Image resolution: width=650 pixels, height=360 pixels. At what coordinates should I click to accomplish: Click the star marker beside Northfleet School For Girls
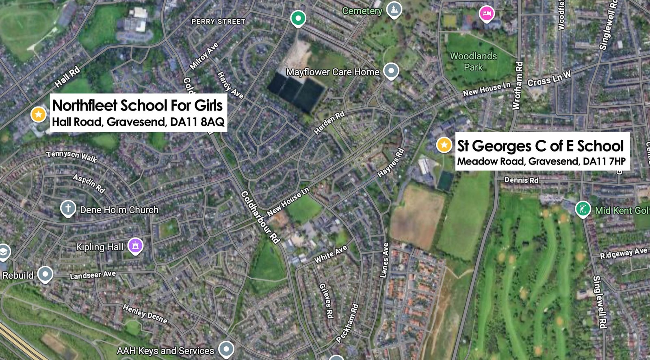coord(39,115)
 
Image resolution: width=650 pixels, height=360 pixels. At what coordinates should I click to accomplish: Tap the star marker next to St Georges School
coord(444,145)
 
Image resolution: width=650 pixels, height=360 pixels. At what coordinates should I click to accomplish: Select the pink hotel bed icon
coord(486,14)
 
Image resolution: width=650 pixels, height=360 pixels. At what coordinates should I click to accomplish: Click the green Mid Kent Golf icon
coord(583,209)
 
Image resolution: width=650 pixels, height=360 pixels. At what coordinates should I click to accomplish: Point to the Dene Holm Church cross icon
coord(68,208)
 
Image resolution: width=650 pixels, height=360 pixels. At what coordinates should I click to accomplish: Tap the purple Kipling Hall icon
coord(135,245)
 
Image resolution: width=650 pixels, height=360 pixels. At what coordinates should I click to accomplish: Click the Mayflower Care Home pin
coord(391,71)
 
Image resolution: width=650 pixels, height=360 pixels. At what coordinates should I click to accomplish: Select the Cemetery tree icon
coord(393,9)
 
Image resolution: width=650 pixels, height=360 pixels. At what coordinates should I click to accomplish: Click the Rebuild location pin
coord(45,274)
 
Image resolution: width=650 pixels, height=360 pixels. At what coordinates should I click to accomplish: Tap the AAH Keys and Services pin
coord(226,349)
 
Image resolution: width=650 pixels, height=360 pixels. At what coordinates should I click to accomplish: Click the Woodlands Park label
coord(473,61)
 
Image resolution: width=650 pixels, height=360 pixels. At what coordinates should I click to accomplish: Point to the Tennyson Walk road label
coord(71,156)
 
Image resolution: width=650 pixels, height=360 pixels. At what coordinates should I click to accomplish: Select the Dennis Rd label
coord(521,180)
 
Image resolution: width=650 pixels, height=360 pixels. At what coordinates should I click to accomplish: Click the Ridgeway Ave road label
coord(624,253)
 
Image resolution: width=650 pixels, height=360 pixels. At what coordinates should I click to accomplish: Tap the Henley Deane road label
coord(145,314)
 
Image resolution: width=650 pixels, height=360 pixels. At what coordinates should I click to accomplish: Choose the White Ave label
coord(331,254)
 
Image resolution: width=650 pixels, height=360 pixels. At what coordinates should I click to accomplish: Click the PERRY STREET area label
coord(218,22)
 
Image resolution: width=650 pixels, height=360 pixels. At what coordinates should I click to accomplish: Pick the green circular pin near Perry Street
coord(298,18)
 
